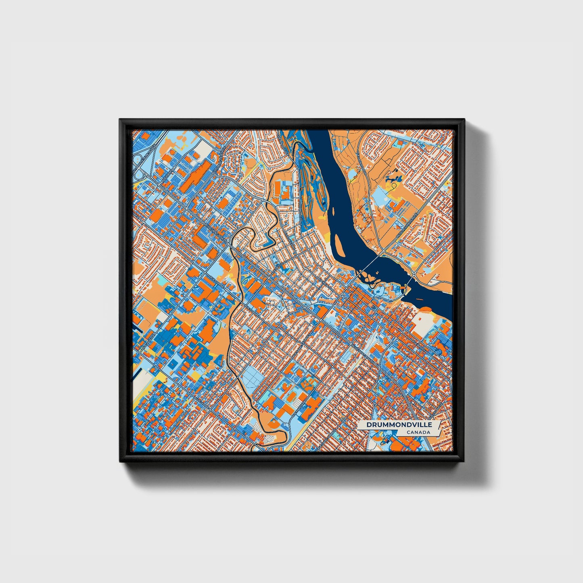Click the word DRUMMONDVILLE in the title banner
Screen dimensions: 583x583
point(399,425)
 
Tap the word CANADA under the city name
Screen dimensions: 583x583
point(418,432)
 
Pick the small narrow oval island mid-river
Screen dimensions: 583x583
point(334,211)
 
